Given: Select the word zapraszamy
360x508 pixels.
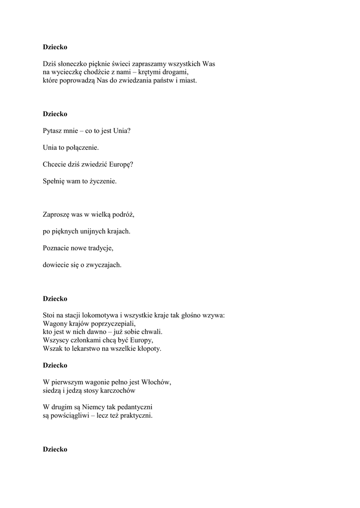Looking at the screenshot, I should pos(137,64).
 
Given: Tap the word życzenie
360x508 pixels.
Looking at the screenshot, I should pos(103,182).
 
